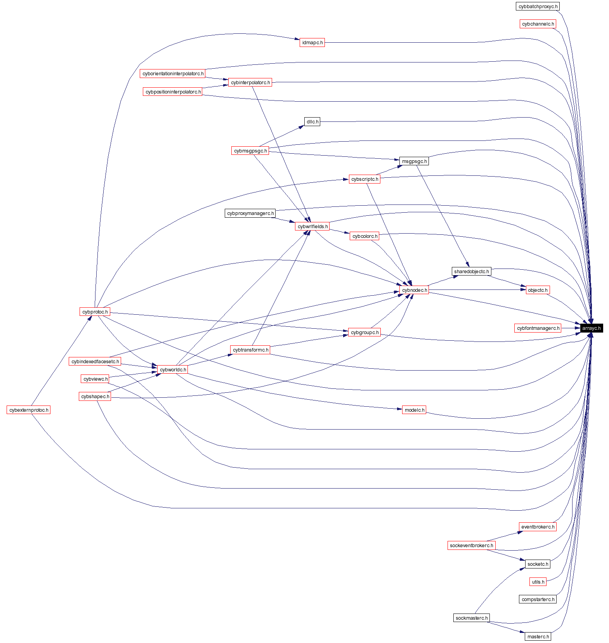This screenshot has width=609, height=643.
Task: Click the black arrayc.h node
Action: click(591, 328)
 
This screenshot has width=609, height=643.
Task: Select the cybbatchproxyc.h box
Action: click(538, 7)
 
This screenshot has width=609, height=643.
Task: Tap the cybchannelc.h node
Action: click(538, 24)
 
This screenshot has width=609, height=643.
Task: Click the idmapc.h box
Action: click(312, 43)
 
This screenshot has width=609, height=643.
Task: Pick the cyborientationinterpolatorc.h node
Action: click(173, 74)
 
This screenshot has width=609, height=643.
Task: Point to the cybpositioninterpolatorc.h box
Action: click(173, 92)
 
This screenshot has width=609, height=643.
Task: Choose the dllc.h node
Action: click(312, 122)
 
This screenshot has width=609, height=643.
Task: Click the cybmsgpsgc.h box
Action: click(250, 151)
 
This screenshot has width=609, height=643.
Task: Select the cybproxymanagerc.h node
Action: click(250, 213)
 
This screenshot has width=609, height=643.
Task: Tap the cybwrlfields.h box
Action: click(312, 227)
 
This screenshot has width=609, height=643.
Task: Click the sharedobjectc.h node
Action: click(472, 272)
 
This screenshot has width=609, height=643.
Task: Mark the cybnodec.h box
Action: click(414, 290)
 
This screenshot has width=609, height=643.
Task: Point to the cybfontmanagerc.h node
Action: click(538, 328)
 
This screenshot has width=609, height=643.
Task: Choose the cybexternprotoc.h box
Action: click(29, 410)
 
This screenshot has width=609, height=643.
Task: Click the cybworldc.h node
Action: click(173, 370)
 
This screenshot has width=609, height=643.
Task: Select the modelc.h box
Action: click(414, 410)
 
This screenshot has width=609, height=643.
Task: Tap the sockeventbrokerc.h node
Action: click(471, 546)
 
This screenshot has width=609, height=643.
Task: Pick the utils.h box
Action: click(538, 582)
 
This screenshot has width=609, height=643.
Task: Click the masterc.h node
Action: click(538, 637)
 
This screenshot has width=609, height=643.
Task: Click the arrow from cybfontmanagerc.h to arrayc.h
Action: click(570, 328)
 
